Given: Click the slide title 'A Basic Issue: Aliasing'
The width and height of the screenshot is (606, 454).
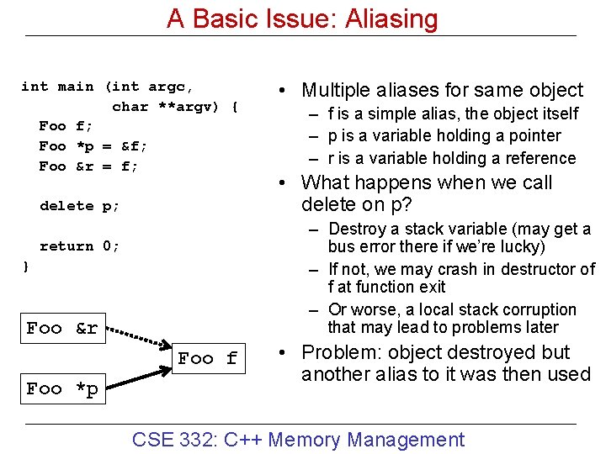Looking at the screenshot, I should [302, 18].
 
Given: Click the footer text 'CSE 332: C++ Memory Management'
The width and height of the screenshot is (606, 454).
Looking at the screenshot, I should [299, 440].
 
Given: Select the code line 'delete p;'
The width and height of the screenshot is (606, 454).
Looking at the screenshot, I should [80, 206].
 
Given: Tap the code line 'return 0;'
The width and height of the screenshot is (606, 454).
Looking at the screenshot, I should [80, 246].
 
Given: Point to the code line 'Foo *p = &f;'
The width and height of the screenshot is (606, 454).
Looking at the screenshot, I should [93, 146].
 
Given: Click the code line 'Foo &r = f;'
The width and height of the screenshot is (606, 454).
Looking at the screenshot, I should [88, 166].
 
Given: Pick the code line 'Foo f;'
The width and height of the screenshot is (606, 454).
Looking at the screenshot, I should [66, 126].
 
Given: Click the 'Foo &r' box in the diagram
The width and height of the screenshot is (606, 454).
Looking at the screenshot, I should [62, 329].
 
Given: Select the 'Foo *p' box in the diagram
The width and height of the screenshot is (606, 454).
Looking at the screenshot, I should [62, 389].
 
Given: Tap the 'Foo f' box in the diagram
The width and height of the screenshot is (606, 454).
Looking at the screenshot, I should [207, 359].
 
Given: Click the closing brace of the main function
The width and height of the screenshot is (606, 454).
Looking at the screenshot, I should [25, 267].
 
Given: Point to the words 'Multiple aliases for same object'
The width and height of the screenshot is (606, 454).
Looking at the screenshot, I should [442, 90].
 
